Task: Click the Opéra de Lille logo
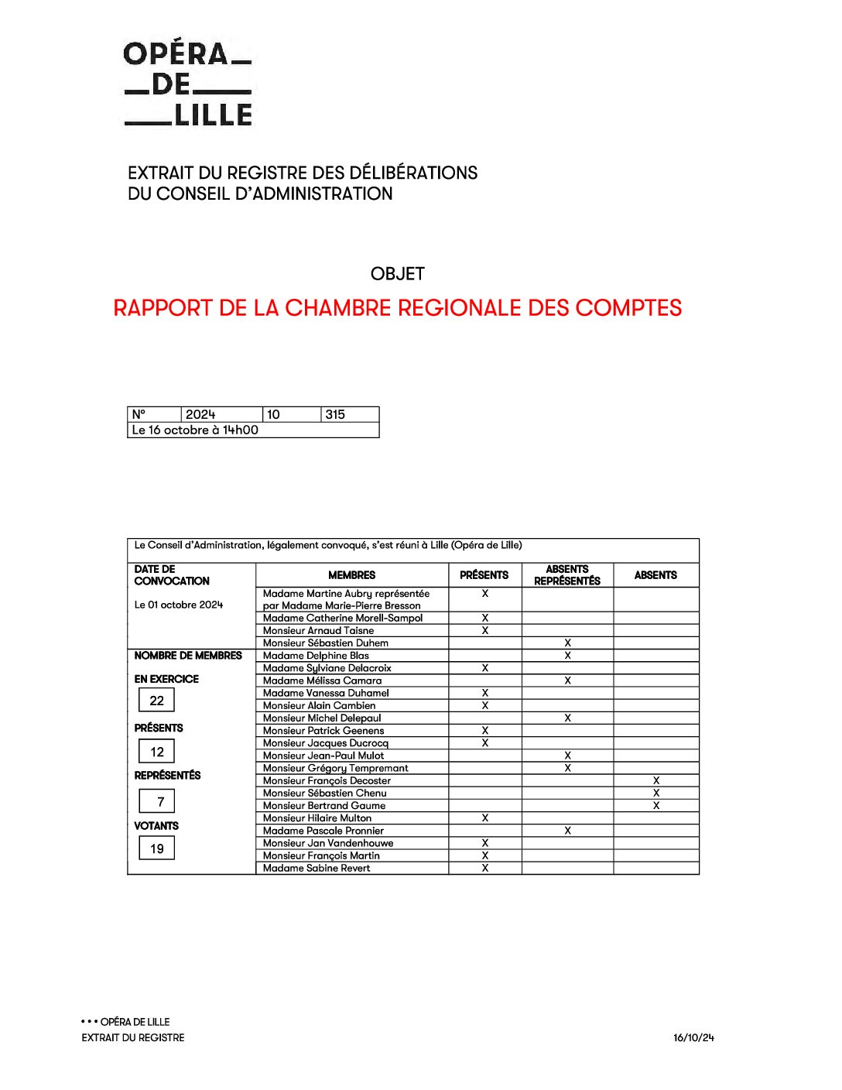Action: (x=188, y=84)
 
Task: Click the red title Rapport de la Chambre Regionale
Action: (x=397, y=308)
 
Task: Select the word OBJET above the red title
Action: (x=397, y=274)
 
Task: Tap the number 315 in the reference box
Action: (x=335, y=415)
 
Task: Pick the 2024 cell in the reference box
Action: (x=200, y=415)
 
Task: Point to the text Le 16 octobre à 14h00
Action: (x=195, y=430)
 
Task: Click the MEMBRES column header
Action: (x=351, y=575)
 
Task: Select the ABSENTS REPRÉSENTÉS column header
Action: (x=567, y=575)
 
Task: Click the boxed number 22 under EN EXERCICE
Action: (x=157, y=701)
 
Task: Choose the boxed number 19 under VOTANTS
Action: (x=157, y=849)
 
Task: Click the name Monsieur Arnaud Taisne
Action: (x=318, y=631)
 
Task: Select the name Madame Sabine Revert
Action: (x=317, y=869)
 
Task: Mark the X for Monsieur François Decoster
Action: (x=656, y=781)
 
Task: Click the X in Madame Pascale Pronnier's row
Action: (x=567, y=831)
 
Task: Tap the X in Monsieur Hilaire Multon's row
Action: (x=485, y=818)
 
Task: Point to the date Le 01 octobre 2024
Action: (x=179, y=605)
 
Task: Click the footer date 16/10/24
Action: (x=693, y=1038)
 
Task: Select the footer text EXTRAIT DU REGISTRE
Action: (x=133, y=1038)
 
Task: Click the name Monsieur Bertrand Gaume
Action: (x=324, y=806)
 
